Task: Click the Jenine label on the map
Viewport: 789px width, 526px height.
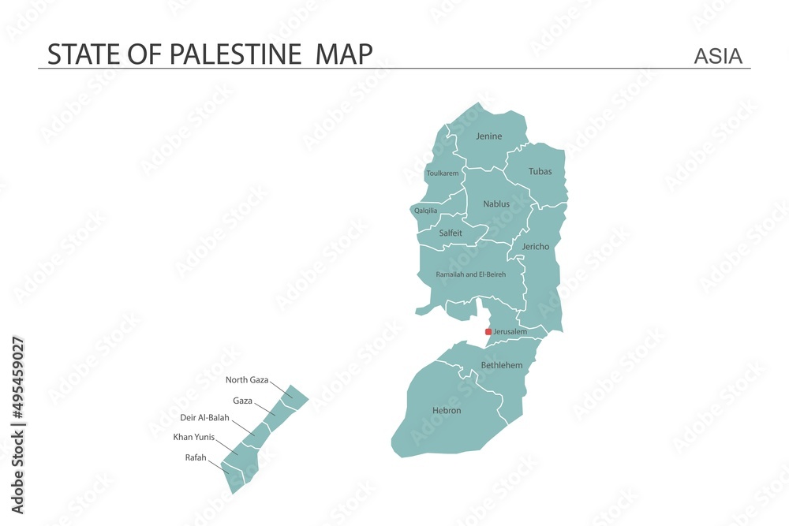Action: click(488, 136)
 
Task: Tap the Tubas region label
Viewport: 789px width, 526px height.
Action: click(540, 171)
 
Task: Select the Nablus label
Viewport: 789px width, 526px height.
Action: click(496, 204)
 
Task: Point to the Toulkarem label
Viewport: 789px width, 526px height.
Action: click(442, 173)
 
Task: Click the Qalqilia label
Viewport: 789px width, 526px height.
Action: click(426, 211)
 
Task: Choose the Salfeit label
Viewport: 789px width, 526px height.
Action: click(451, 233)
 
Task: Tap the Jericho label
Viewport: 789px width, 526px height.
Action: click(536, 247)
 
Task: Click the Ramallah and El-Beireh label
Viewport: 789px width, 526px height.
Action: click(471, 274)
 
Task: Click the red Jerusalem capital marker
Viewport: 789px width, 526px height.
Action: click(488, 332)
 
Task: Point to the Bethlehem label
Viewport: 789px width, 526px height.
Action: click(502, 365)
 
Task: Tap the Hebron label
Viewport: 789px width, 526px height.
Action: click(447, 411)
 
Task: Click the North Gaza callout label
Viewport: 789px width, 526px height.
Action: click(247, 380)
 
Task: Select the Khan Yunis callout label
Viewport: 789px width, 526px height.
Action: click(194, 436)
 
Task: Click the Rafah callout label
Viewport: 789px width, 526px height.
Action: click(196, 457)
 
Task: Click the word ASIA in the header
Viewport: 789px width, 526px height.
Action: click(718, 56)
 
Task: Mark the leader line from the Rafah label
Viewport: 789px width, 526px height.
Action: click(219, 465)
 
